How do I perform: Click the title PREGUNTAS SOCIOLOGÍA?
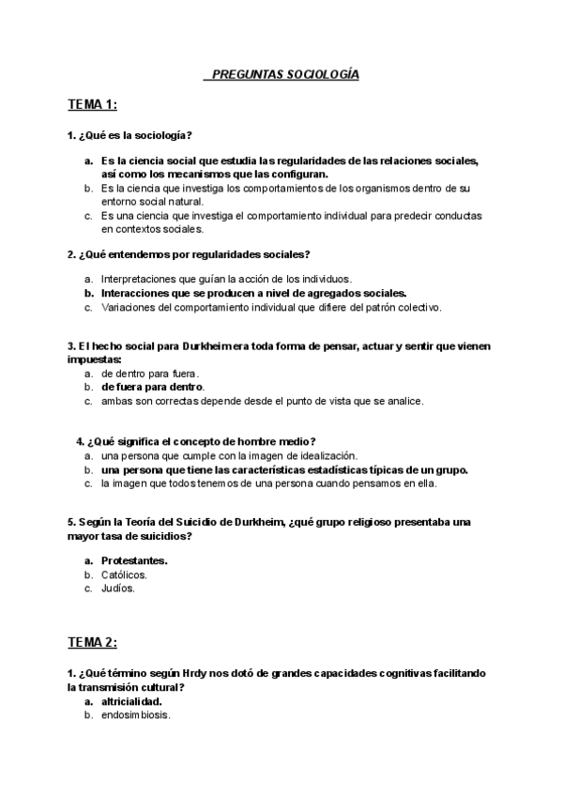[x=281, y=73]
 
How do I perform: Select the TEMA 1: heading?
[x=92, y=104]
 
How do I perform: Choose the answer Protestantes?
[x=134, y=560]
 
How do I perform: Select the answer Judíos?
[x=118, y=589]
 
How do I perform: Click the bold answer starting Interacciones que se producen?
[x=253, y=293]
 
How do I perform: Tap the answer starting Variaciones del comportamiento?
[x=270, y=307]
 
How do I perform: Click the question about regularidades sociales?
[x=190, y=253]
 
